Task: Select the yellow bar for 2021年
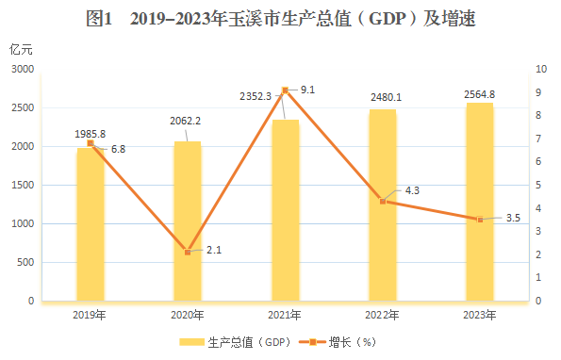click(285, 212)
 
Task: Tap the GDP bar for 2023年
click(480, 203)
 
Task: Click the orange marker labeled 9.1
click(285, 90)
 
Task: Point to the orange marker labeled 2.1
click(188, 253)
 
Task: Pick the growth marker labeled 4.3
click(382, 201)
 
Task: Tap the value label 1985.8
click(91, 134)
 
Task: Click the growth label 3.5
click(514, 218)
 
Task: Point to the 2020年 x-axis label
click(188, 315)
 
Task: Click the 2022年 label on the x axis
click(382, 315)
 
